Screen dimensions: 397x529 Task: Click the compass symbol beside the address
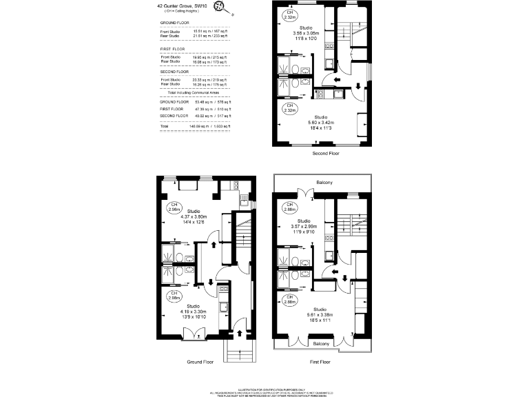pos(220,7)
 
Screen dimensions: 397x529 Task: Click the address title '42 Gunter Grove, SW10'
pos(182,6)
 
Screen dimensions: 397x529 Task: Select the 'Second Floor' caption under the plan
pos(326,153)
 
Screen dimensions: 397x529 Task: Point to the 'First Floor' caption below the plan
pos(320,361)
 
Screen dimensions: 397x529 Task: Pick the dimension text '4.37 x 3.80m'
pos(194,216)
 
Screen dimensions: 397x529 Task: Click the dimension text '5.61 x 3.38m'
pos(321,315)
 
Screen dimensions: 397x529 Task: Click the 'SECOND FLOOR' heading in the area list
pos(175,71)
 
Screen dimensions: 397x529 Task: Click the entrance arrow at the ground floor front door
pos(239,333)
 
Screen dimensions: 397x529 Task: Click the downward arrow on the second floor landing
pos(358,87)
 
